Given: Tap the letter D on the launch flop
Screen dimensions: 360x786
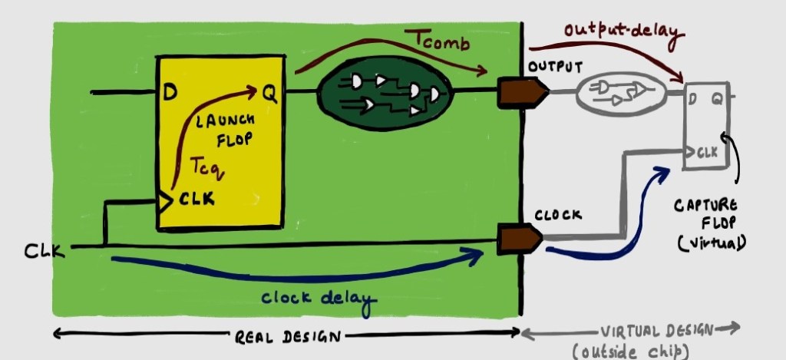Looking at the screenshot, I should click(x=170, y=94).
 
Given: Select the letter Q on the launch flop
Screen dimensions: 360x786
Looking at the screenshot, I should click(x=269, y=93).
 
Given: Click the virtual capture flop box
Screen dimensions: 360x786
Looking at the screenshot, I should click(x=707, y=126).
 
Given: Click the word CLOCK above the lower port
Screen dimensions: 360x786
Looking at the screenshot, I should click(x=558, y=216).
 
